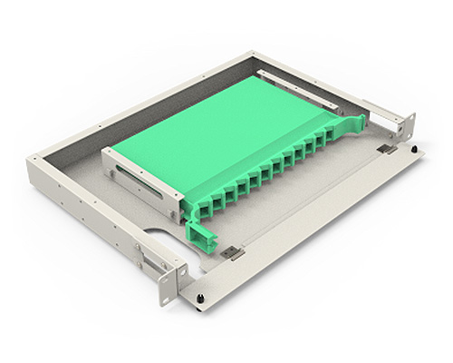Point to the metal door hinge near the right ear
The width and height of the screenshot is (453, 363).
387,148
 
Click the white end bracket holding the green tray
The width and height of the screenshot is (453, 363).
136,178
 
